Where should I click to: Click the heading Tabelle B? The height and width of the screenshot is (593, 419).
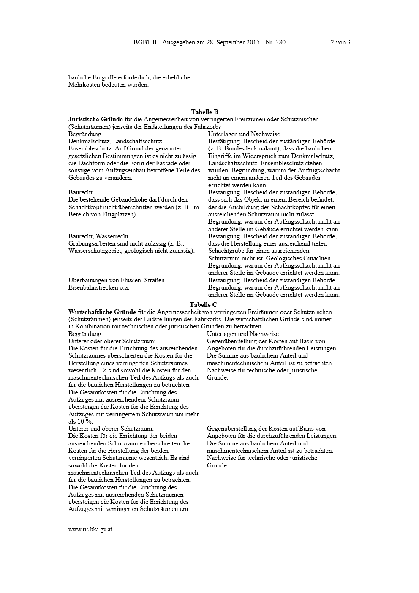(204, 112)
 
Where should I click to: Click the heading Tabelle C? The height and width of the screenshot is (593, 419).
(203, 305)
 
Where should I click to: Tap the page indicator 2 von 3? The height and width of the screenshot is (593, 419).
(340, 42)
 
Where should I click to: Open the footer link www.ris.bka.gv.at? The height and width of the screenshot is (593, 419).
(90, 529)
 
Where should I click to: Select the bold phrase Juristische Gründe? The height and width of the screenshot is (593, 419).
(95, 120)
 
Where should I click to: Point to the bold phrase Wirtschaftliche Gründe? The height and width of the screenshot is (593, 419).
(102, 312)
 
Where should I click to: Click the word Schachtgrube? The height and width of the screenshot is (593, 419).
(226, 251)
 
